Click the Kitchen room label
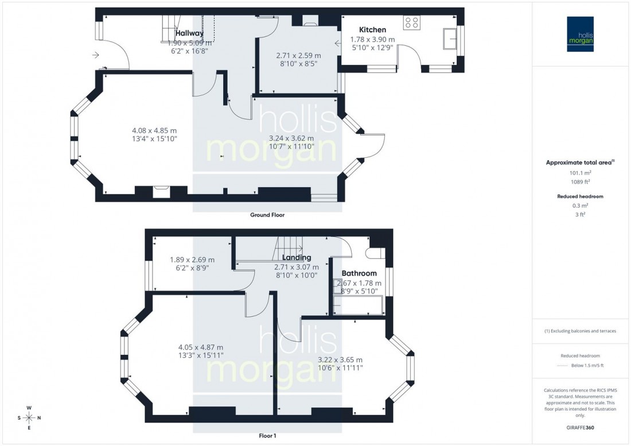point(372,30)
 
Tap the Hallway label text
point(190,33)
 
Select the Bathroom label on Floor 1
point(359,273)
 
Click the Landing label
point(297,258)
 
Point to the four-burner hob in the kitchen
point(412,22)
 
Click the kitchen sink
point(449,38)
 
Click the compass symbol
point(29,417)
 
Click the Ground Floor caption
point(267,215)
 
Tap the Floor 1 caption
point(267,436)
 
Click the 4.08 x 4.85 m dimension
point(154,130)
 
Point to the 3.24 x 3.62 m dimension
point(291,138)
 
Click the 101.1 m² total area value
point(581,172)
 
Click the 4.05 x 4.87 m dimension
point(200,347)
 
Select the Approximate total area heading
point(579,162)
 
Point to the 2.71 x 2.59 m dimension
point(298,56)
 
